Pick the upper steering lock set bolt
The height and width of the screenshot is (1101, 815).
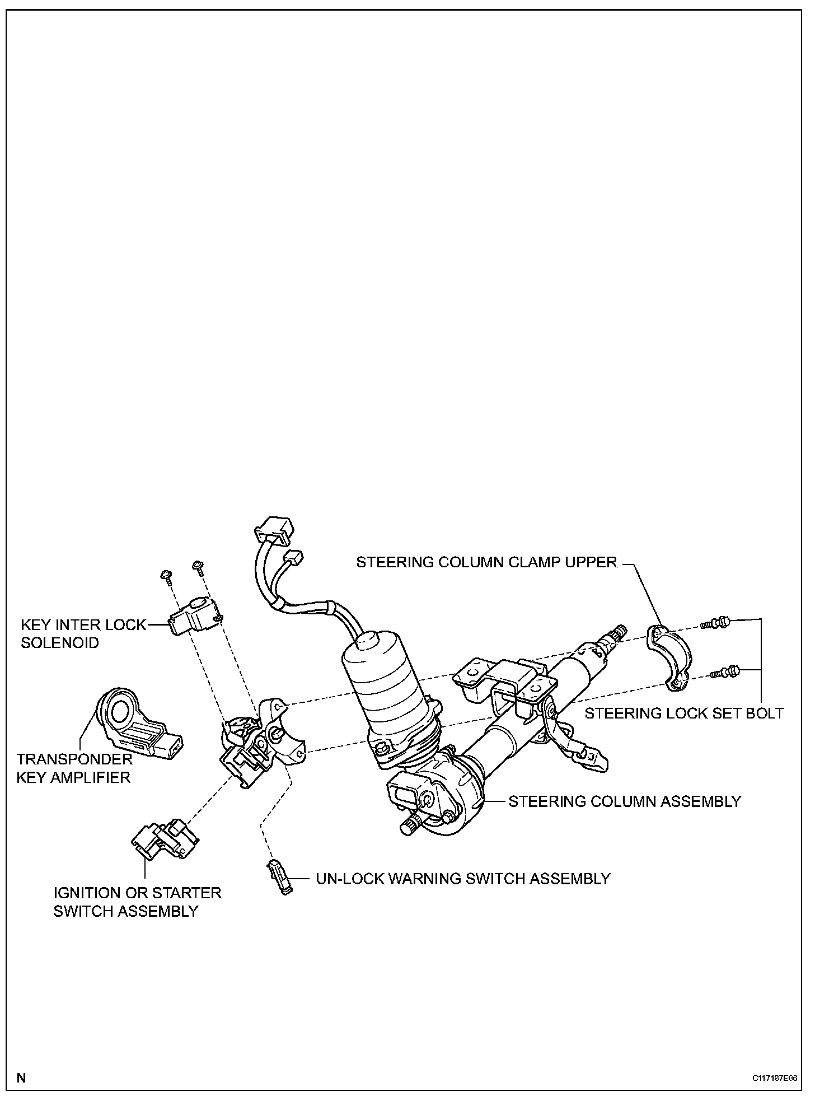coord(716,622)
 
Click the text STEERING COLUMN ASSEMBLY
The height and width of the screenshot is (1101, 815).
coord(624,801)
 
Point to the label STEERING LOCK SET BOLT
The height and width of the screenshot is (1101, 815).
coord(684,713)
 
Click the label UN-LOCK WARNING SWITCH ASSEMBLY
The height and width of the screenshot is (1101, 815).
coord(463,878)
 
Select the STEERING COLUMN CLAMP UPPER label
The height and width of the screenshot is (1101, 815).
coord(486,562)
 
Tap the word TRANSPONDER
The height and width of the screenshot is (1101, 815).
coord(74,759)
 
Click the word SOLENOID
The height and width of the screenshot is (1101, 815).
coord(60,642)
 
